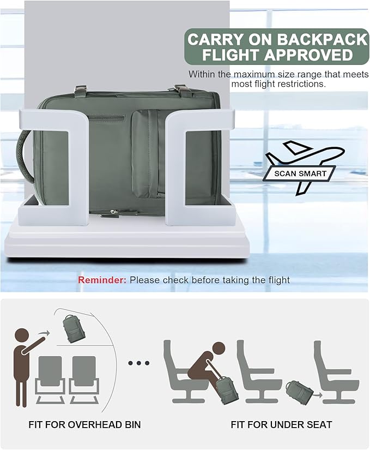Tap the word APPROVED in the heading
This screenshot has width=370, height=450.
click(x=308, y=55)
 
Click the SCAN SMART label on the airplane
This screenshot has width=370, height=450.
click(x=300, y=173)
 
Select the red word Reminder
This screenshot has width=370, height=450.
click(x=102, y=280)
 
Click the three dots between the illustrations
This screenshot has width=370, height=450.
click(x=139, y=363)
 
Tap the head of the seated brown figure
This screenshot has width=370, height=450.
click(x=218, y=349)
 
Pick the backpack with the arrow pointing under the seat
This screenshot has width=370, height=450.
click(x=299, y=392)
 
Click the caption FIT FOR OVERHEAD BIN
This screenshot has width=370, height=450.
click(x=84, y=424)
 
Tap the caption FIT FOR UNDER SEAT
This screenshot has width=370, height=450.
click(x=281, y=424)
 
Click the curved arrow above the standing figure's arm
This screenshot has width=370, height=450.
click(x=43, y=333)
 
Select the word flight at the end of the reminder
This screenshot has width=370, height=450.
click(x=279, y=280)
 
